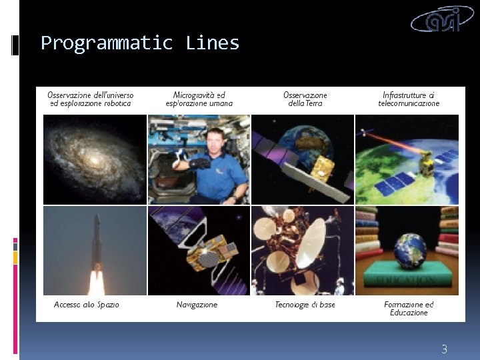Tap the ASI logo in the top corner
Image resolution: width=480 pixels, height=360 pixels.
pyautogui.click(x=444, y=19)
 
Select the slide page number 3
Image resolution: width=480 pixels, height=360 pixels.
pyautogui.click(x=444, y=349)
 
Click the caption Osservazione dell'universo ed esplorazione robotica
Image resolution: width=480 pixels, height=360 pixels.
pyautogui.click(x=91, y=99)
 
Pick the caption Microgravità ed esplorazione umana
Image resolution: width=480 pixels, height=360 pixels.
pyautogui.click(x=199, y=99)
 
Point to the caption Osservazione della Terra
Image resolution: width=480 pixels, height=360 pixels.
pyautogui.click(x=305, y=99)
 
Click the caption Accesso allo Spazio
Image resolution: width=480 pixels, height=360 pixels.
pyautogui.click(x=87, y=305)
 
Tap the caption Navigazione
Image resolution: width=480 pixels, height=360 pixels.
pyautogui.click(x=197, y=305)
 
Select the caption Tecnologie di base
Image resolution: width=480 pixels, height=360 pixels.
pyautogui.click(x=305, y=305)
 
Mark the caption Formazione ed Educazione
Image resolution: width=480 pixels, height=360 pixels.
pyautogui.click(x=409, y=309)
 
